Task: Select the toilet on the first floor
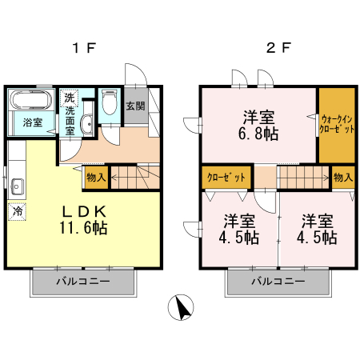tap(110, 104)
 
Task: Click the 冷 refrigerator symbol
tap(16, 212)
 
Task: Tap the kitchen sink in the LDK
tap(16, 189)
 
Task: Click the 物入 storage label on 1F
tap(96, 178)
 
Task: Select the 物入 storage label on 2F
tap(343, 177)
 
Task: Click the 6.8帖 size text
tap(259, 134)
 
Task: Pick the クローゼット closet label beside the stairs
tap(226, 177)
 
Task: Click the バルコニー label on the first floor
tap(82, 282)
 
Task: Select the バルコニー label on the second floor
tap(278, 282)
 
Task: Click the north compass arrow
tap(182, 307)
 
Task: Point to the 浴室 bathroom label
tap(32, 122)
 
